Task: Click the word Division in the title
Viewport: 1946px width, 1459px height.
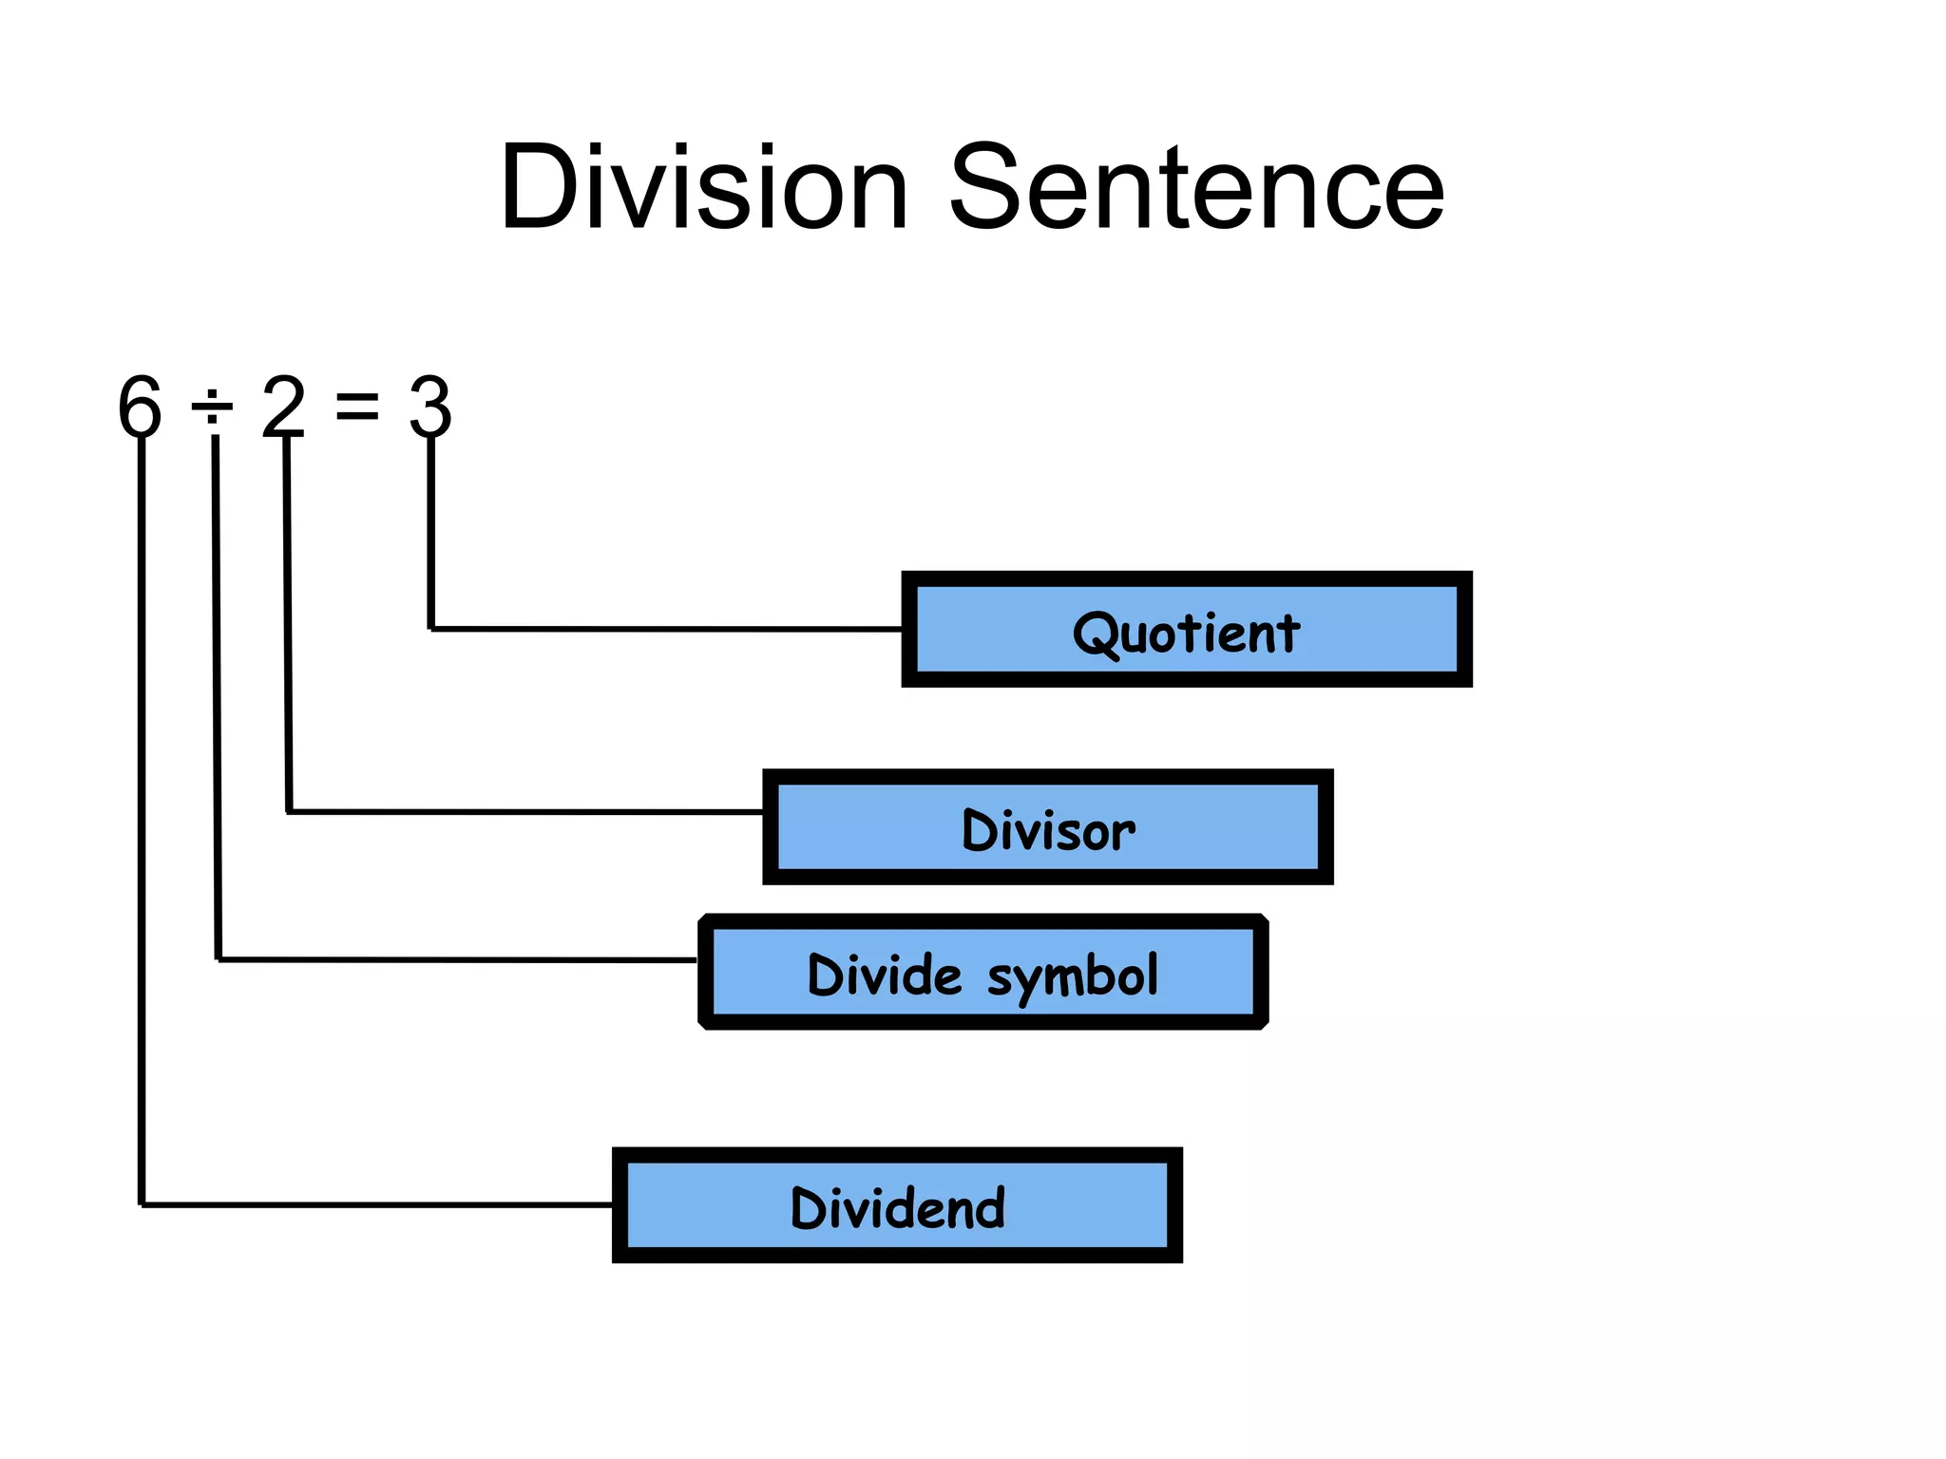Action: (x=704, y=186)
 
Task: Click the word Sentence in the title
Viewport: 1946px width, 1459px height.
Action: (x=1197, y=186)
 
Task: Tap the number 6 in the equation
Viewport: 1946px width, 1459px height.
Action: (x=140, y=407)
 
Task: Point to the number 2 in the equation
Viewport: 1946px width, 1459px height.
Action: (x=283, y=406)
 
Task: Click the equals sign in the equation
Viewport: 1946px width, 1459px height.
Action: (x=357, y=407)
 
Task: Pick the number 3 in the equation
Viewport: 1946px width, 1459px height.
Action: (x=429, y=407)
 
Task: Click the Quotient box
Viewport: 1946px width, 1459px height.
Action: (x=1187, y=629)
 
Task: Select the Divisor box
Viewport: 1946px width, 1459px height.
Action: (x=1048, y=827)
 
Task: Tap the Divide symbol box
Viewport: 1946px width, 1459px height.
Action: (x=983, y=972)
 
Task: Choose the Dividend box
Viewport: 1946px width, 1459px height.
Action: (x=898, y=1205)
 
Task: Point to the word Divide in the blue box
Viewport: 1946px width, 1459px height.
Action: (x=885, y=975)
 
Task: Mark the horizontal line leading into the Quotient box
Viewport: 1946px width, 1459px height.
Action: (x=666, y=629)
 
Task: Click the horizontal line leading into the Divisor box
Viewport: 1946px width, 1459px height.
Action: (x=525, y=812)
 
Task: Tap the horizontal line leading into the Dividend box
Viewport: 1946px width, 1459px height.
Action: (x=377, y=1205)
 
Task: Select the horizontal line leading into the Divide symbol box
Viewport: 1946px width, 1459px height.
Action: (x=458, y=960)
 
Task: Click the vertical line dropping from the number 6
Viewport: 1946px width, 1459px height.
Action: (x=142, y=822)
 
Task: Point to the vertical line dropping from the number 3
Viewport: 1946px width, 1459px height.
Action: (x=430, y=533)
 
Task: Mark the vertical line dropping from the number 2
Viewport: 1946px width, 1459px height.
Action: (x=287, y=625)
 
